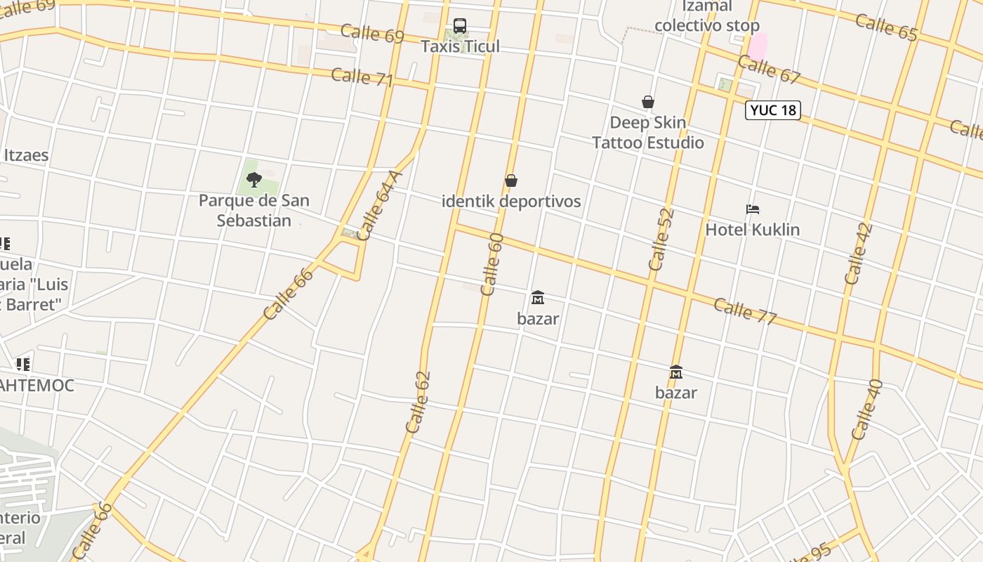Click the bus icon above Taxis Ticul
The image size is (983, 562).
coord(460,26)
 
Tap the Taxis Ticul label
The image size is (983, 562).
coord(460,46)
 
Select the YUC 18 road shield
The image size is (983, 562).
coord(773,110)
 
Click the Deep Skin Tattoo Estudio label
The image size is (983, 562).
coord(647,133)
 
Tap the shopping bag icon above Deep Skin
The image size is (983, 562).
coord(648,102)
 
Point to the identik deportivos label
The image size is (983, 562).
coord(511,201)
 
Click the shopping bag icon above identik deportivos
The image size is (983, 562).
coord(511,181)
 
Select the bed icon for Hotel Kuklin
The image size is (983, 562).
coord(753,209)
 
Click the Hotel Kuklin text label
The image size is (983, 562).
coord(752,230)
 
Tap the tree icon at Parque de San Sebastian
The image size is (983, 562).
coord(254,180)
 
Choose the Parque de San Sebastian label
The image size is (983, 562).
coord(253,210)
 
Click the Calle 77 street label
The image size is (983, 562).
coord(745,312)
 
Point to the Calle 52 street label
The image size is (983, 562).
coord(661,240)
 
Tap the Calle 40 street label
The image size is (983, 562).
coord(866,410)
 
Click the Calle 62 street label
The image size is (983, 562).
coord(418,402)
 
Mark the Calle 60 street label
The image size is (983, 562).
coord(492,264)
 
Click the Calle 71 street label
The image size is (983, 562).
coord(362,77)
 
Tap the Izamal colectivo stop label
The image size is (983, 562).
coord(706,16)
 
